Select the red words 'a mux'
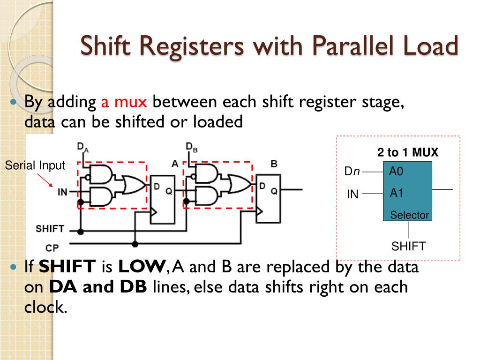click(x=124, y=102)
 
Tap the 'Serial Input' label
click(x=35, y=165)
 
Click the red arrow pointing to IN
click(x=45, y=180)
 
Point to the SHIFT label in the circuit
click(x=50, y=229)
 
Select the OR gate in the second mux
click(x=239, y=184)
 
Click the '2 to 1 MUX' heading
click(x=408, y=153)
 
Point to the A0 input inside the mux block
click(x=396, y=172)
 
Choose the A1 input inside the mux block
click(x=396, y=193)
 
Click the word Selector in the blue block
click(x=409, y=215)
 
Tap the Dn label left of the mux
click(x=352, y=172)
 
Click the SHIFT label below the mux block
click(x=408, y=246)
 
